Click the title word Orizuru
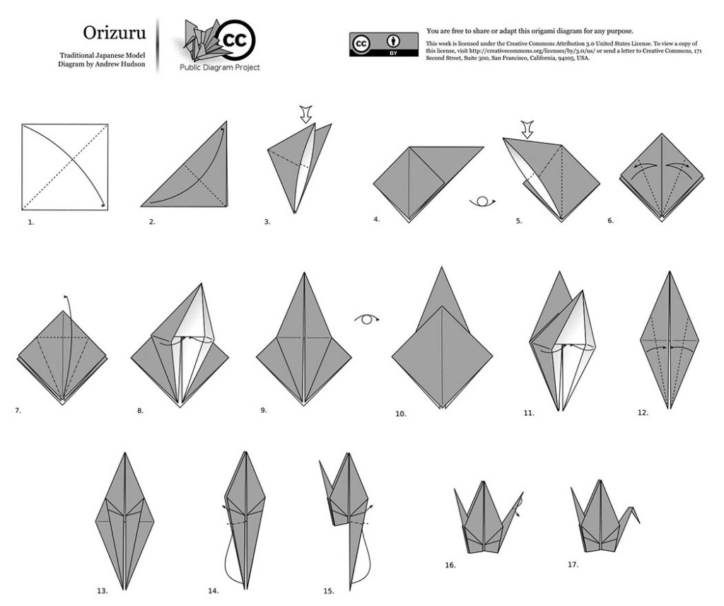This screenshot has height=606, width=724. (x=114, y=33)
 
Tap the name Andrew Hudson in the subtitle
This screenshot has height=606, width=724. (x=120, y=64)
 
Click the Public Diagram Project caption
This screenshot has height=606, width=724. (x=220, y=67)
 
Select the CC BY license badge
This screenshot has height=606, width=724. (x=384, y=45)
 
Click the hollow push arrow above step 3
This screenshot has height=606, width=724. (x=305, y=114)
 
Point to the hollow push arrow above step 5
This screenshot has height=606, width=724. (x=527, y=129)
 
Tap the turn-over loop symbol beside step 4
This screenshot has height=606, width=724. (x=482, y=202)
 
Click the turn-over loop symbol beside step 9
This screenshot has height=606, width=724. (x=367, y=319)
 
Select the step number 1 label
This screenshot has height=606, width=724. (x=31, y=222)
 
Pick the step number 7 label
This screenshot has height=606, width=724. (x=18, y=410)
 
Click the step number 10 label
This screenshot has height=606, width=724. (x=401, y=414)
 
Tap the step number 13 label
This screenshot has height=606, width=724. (x=102, y=590)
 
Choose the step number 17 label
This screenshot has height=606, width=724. (x=573, y=564)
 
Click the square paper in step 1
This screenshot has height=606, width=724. (x=64, y=167)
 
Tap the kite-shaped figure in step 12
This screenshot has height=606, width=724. (x=669, y=340)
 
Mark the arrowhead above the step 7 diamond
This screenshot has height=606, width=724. (x=66, y=296)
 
